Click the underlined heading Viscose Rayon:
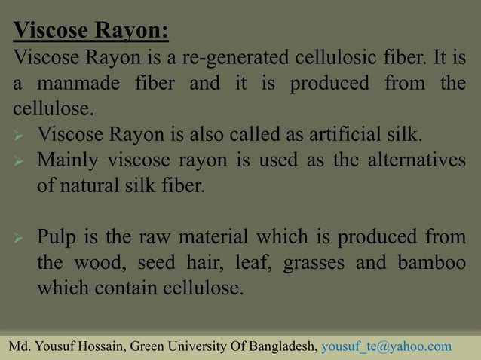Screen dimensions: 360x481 coord(91,32)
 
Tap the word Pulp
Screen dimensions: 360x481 coord(60,239)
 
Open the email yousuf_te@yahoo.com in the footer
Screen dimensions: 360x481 coord(386,346)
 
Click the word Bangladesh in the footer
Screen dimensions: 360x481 coord(279,346)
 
